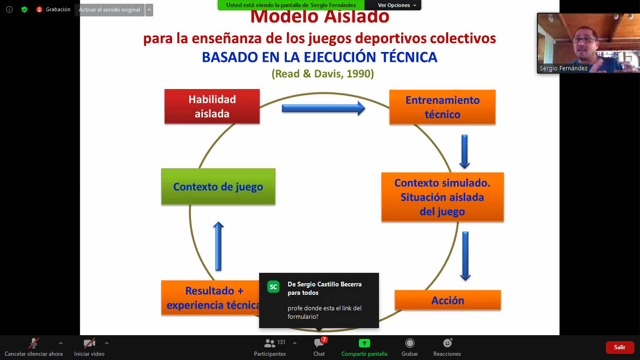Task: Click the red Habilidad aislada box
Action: (x=212, y=106)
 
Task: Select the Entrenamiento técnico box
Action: (x=442, y=107)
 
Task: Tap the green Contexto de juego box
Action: (x=218, y=187)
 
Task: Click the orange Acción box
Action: (x=448, y=300)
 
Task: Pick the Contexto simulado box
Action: (x=442, y=197)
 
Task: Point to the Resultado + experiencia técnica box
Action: (x=210, y=298)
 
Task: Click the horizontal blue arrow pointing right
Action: (x=323, y=108)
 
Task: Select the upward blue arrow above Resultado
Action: (x=218, y=246)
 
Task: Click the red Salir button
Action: (x=619, y=347)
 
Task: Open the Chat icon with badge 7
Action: (x=319, y=343)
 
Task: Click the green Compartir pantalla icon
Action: (x=365, y=343)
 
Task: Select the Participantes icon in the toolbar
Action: (x=269, y=343)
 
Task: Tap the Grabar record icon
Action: (x=409, y=343)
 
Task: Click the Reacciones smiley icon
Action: (x=447, y=343)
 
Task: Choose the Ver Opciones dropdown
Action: (x=397, y=5)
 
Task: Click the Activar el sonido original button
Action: (x=110, y=10)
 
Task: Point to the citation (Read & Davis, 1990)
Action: (x=322, y=74)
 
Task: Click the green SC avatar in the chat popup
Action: (x=273, y=287)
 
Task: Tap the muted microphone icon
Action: (x=33, y=343)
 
